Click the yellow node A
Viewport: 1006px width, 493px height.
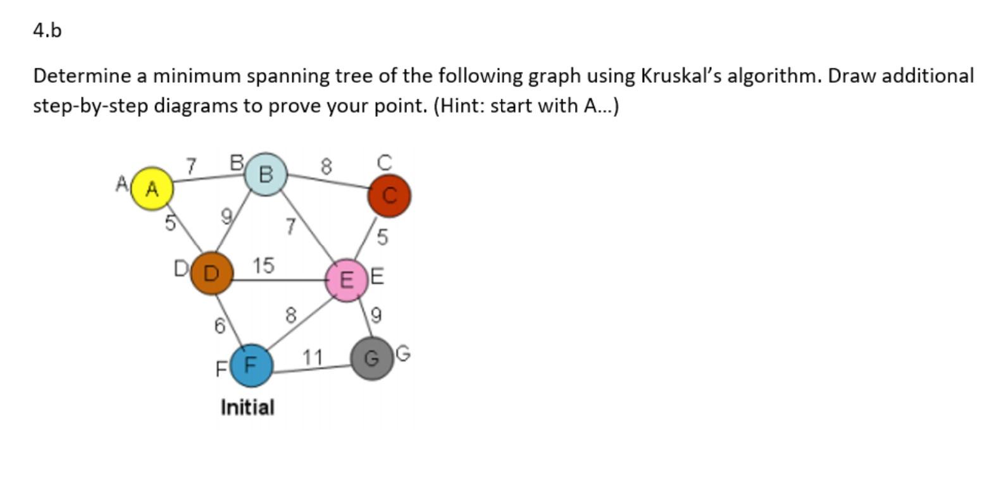(x=152, y=188)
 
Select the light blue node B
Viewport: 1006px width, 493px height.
(x=266, y=174)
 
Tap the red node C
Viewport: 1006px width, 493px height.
(x=389, y=195)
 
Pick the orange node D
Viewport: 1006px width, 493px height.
(x=211, y=273)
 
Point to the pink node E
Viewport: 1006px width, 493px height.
(x=347, y=280)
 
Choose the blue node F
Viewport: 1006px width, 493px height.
(x=251, y=365)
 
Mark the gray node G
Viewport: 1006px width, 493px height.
(x=372, y=358)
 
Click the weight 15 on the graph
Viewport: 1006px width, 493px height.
(x=263, y=265)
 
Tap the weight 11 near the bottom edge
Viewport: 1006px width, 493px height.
(x=312, y=358)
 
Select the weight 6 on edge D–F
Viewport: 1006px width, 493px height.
(x=219, y=326)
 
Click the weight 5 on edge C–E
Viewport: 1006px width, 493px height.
(x=382, y=238)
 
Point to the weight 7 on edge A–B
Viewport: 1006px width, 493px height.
(x=190, y=166)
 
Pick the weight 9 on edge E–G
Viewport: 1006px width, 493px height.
(x=376, y=315)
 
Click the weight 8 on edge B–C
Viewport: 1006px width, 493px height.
(x=325, y=167)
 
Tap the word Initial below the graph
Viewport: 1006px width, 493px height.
(x=247, y=407)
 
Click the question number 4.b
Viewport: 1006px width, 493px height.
(x=47, y=30)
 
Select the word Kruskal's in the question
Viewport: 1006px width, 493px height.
(x=681, y=76)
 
